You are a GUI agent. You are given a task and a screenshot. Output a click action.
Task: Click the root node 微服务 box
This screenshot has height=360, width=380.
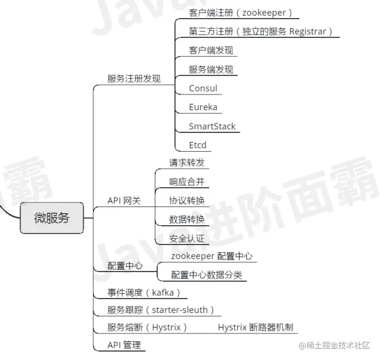pyautogui.click(x=51, y=217)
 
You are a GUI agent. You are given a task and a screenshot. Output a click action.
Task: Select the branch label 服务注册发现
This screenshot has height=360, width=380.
pyautogui.click(x=134, y=78)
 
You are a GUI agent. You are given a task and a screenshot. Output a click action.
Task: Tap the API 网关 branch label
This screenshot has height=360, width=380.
pyautogui.click(x=124, y=200)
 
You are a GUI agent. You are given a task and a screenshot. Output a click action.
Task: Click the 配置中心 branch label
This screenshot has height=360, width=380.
pyautogui.click(x=125, y=265)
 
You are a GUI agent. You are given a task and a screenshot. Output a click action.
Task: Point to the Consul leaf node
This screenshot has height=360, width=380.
pyautogui.click(x=203, y=88)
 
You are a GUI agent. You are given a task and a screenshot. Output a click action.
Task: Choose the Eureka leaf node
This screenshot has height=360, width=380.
pyautogui.click(x=203, y=107)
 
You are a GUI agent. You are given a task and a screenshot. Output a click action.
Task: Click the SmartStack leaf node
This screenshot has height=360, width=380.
pyautogui.click(x=212, y=126)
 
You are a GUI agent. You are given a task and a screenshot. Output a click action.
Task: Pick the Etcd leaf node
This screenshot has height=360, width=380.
pyautogui.click(x=198, y=145)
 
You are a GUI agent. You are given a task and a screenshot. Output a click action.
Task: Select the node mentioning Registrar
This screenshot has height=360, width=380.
pyautogui.click(x=260, y=31)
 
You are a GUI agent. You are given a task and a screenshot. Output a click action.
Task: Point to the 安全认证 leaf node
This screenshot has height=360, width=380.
pyautogui.click(x=187, y=238)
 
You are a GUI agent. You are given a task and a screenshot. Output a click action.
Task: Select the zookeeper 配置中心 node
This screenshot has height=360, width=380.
pyautogui.click(x=211, y=256)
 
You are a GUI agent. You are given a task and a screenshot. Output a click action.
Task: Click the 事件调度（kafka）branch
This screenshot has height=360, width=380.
pyautogui.click(x=144, y=293)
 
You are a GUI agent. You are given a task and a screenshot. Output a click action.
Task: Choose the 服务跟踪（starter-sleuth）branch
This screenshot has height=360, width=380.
pyautogui.click(x=160, y=310)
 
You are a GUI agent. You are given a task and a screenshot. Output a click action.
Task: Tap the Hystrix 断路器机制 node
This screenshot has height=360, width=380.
pyautogui.click(x=255, y=327)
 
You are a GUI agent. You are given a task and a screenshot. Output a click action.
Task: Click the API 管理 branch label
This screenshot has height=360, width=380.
pyautogui.click(x=123, y=345)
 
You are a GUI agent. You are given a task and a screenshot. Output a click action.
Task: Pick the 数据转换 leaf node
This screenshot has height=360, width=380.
pyautogui.click(x=187, y=219)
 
